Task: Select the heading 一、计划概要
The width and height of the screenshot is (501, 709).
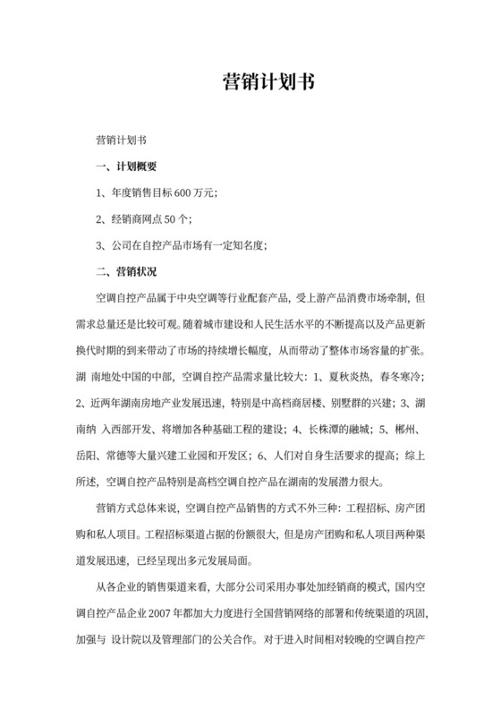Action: click(125, 167)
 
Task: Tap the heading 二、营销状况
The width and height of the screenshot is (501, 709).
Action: click(125, 270)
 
